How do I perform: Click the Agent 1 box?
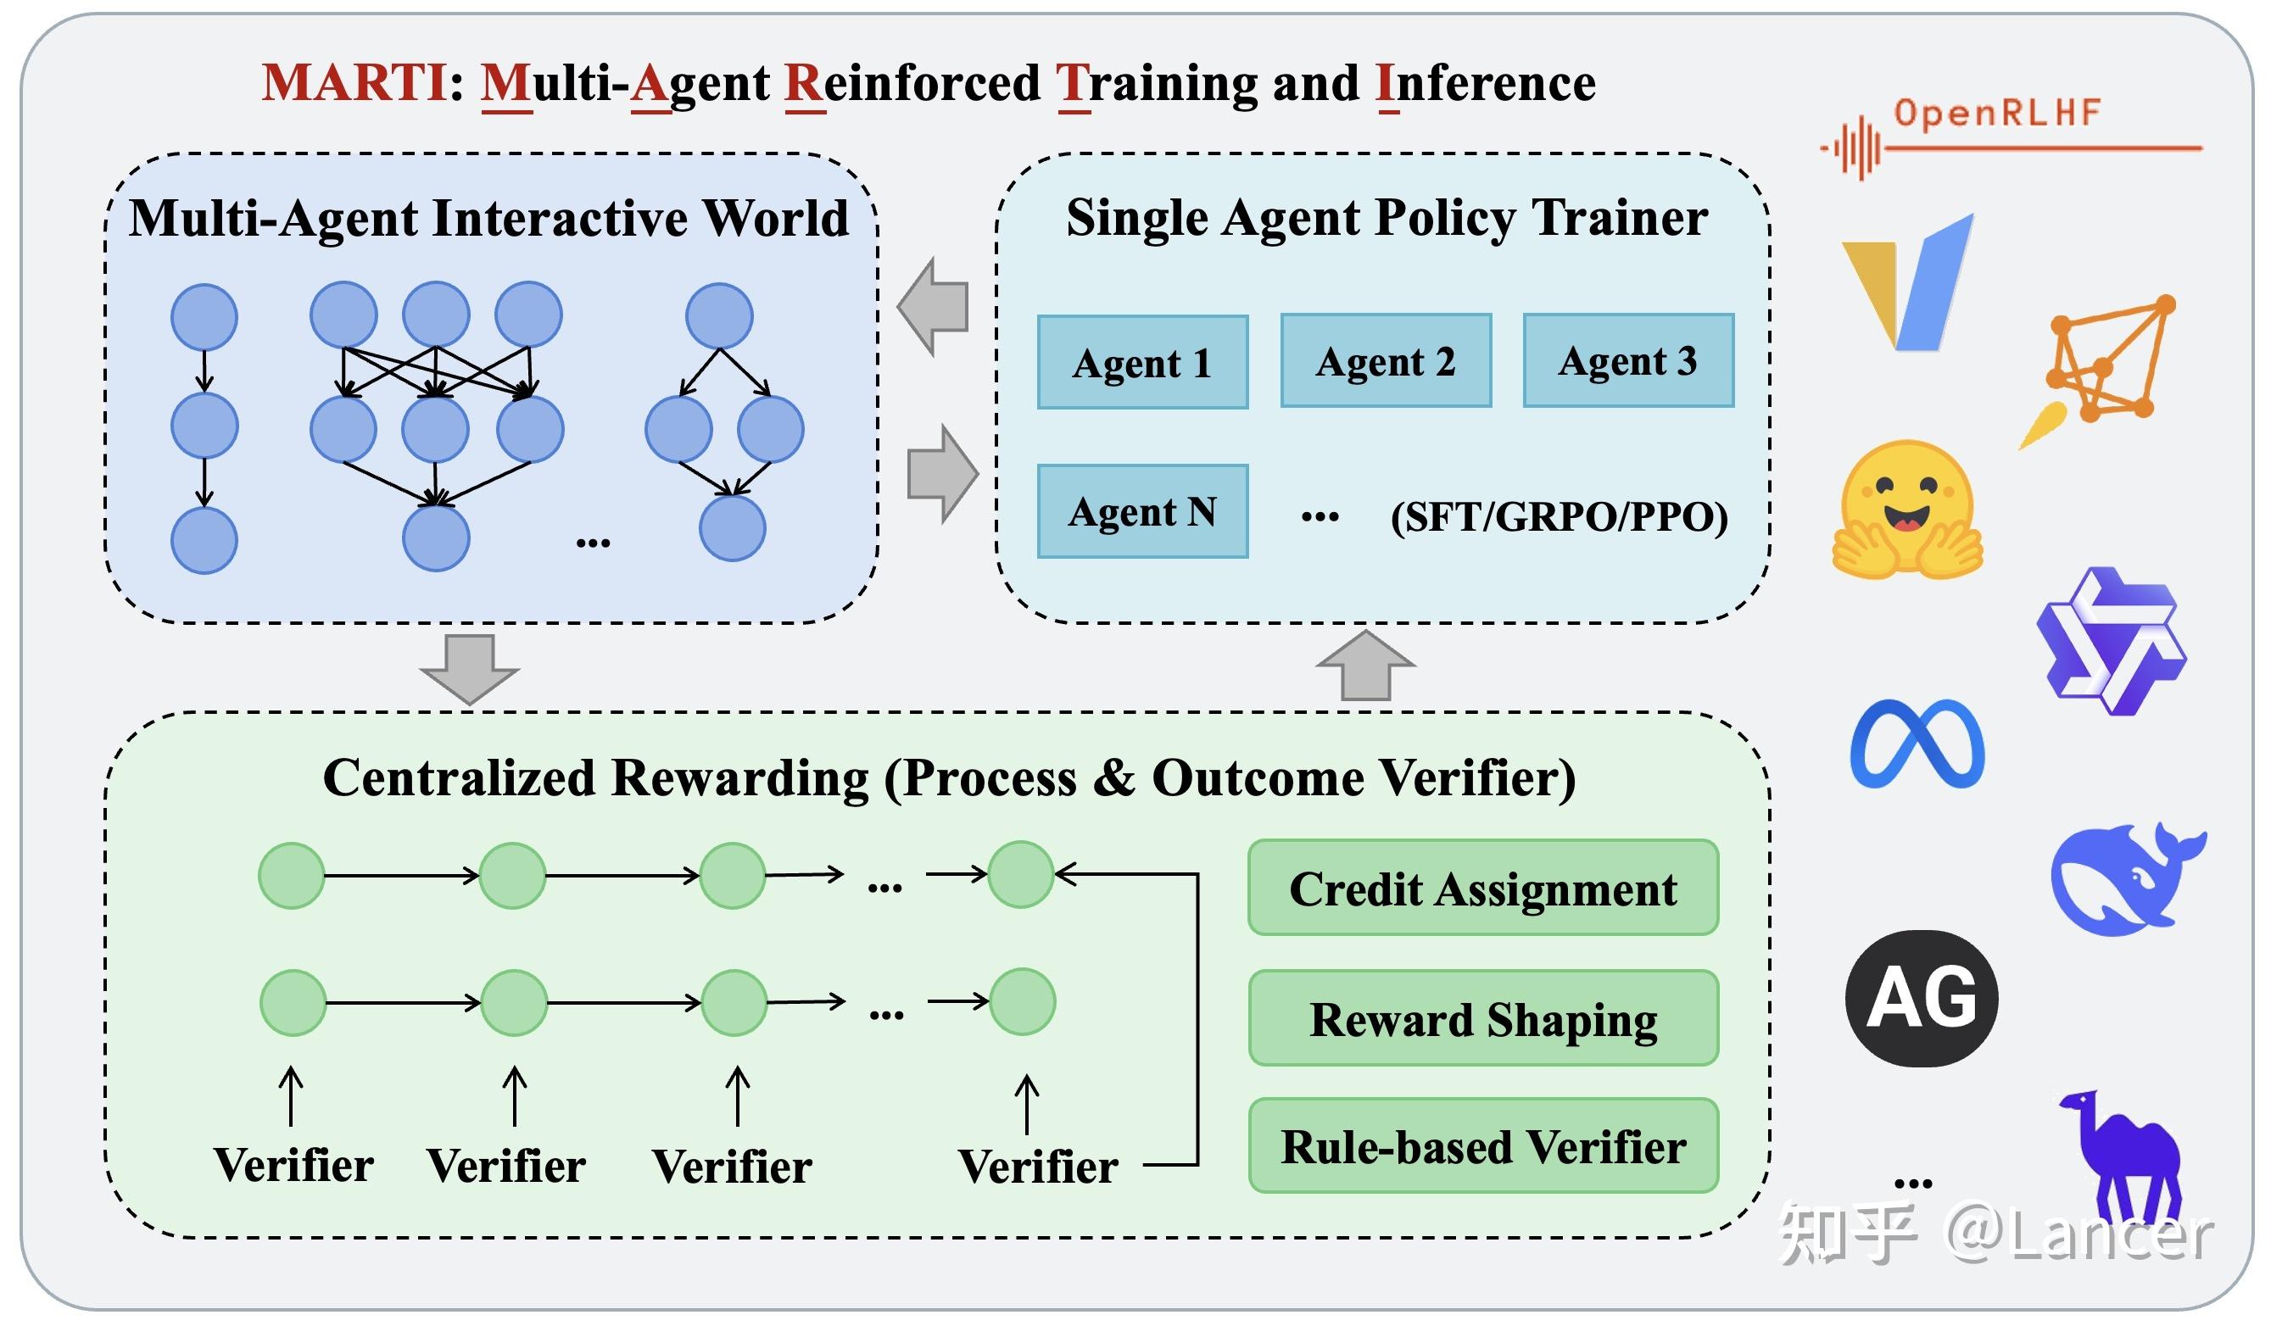pos(1143,362)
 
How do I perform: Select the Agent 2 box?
pos(1386,360)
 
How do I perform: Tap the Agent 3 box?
pos(1628,360)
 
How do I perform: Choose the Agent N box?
pos(1143,512)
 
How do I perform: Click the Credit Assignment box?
pos(1483,889)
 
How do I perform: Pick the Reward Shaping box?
pos(1483,1018)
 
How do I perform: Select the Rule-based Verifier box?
pos(1483,1146)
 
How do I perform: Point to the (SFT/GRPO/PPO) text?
pos(1559,517)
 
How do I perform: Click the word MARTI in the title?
pos(354,83)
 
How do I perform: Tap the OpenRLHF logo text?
pos(1997,113)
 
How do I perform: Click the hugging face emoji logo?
pos(1907,509)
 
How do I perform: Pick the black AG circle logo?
pos(1922,999)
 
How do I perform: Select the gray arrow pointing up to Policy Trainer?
pos(1365,665)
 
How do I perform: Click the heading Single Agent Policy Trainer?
pos(1387,218)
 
